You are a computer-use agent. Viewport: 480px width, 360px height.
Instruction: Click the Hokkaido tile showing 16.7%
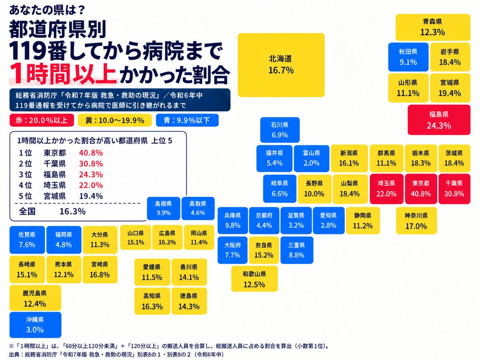[281, 65]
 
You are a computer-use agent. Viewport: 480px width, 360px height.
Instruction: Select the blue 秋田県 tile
[408, 57]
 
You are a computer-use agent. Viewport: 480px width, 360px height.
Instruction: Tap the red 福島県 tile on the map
[439, 120]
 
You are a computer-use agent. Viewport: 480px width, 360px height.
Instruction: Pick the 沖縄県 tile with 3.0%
[35, 324]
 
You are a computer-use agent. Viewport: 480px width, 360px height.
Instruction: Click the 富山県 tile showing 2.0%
[311, 158]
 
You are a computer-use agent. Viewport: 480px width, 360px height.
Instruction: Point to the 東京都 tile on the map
[421, 189]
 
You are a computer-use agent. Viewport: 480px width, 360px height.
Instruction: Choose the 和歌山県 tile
[254, 279]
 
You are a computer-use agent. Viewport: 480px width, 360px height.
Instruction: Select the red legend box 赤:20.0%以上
[42, 120]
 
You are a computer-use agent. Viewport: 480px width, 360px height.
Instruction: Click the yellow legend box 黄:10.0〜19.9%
[115, 120]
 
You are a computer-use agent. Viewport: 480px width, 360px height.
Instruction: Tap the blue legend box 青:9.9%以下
[187, 120]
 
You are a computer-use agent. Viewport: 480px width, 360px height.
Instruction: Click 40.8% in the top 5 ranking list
[91, 153]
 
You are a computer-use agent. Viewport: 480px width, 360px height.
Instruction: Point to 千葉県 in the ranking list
[55, 164]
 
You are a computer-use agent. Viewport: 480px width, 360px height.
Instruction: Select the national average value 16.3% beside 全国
[72, 211]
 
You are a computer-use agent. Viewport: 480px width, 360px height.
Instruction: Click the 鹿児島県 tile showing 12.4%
[35, 298]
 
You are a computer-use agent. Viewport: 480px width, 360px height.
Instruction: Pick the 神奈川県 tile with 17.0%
[416, 220]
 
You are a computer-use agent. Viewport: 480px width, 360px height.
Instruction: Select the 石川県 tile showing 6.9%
[280, 130]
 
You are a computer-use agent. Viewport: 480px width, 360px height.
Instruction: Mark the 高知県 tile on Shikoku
[152, 301]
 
